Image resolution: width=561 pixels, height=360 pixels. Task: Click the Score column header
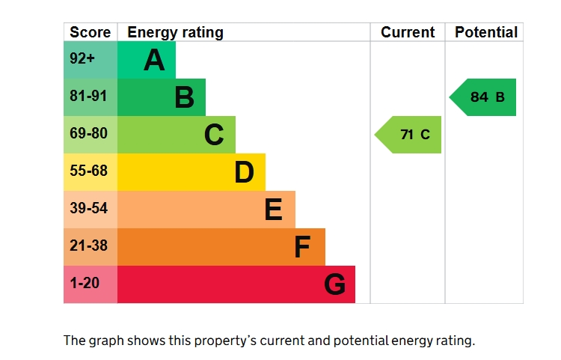pos(91,32)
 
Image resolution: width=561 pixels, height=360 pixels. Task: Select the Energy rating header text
pos(175,33)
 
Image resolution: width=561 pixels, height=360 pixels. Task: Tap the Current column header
pos(408,32)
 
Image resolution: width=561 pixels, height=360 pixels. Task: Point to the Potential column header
pos(486,32)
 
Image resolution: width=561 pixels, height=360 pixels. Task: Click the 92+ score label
pos(82,58)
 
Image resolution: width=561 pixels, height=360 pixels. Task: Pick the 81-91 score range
pos(88,96)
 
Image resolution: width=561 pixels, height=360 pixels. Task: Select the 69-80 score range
pos(88,133)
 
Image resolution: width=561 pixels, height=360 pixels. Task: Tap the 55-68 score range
pos(88,171)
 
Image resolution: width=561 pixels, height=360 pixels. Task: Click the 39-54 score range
pos(88,208)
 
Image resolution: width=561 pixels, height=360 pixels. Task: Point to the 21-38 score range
pos(88,245)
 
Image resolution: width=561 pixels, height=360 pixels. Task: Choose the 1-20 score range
pos(85,283)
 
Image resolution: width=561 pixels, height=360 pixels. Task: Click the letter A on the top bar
pos(154,59)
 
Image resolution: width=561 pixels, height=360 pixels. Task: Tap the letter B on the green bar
pos(185,97)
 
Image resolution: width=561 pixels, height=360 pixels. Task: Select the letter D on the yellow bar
pos(245,172)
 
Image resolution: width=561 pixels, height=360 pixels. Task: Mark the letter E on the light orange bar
pos(273,210)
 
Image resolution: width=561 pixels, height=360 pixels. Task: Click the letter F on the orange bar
pos(302,247)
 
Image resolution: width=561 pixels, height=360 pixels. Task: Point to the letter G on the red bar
pos(335,284)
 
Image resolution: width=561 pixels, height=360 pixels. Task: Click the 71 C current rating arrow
pos(408,135)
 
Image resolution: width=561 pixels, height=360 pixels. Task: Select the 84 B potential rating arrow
pos(482,97)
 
